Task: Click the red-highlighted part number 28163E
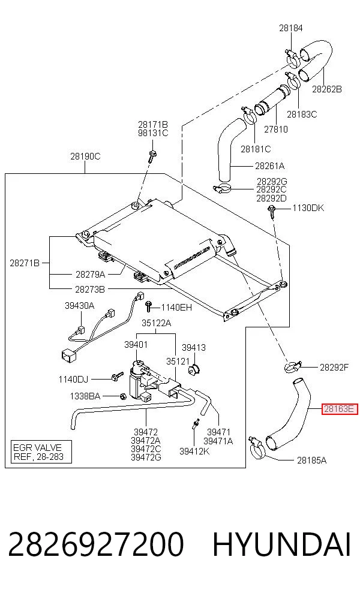(x=339, y=409)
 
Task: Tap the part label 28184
(x=291, y=28)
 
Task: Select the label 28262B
(x=327, y=89)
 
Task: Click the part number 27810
(x=275, y=129)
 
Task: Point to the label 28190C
(x=85, y=156)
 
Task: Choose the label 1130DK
(x=308, y=208)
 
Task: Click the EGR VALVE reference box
(x=41, y=451)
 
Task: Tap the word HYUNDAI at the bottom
(x=281, y=544)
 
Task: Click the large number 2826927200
(x=95, y=544)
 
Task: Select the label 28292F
(x=334, y=367)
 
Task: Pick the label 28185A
(x=311, y=460)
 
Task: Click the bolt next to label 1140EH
(x=149, y=306)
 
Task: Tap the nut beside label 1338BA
(x=122, y=396)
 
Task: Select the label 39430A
(x=79, y=306)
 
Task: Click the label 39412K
(x=194, y=451)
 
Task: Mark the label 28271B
(x=25, y=263)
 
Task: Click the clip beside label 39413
(x=193, y=369)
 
